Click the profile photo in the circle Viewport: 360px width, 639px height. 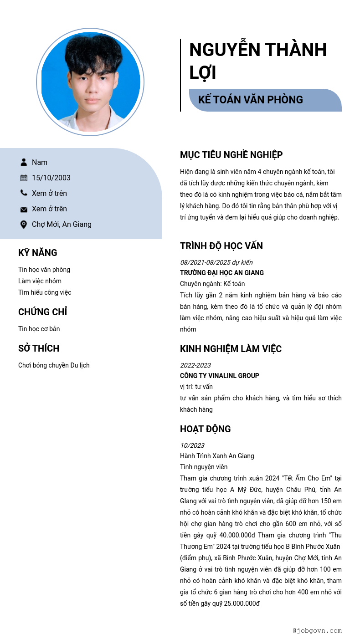[90, 82]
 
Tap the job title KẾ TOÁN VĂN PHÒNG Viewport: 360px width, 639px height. [251, 100]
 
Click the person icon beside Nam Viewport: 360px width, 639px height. [24, 162]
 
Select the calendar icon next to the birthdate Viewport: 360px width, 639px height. [24, 178]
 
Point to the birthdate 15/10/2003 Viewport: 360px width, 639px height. [51, 178]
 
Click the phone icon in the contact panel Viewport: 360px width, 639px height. [24, 193]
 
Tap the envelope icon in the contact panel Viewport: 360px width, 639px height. [24, 209]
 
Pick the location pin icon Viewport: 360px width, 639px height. [24, 224]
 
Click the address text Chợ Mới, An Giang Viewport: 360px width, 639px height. [62, 224]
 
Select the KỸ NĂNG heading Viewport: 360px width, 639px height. [38, 253]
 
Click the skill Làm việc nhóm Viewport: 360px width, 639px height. [40, 281]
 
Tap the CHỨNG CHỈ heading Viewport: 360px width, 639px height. [42, 312]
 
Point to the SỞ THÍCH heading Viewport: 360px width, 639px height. [39, 348]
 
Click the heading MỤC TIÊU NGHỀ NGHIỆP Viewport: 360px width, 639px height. [231, 155]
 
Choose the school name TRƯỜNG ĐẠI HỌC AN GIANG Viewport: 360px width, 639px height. [222, 273]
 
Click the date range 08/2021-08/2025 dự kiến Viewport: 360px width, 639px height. [216, 262]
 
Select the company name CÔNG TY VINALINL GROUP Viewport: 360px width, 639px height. [219, 376]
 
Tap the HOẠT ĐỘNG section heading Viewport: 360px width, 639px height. [205, 429]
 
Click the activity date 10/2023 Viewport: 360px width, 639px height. [192, 445]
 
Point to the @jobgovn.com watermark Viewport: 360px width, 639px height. [317, 631]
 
